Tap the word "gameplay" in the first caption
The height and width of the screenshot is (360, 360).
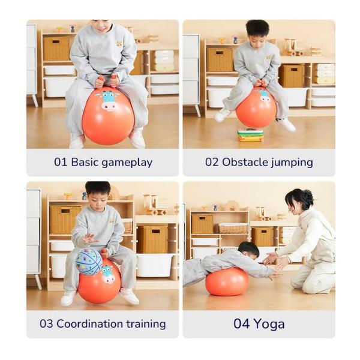pyautogui.click(x=127, y=163)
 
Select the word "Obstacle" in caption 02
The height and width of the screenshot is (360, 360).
pyautogui.click(x=245, y=162)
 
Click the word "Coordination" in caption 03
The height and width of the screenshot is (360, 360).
pyautogui.click(x=89, y=324)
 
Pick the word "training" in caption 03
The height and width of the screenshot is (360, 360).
pyautogui.click(x=146, y=324)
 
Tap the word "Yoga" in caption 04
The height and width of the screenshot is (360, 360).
pyautogui.click(x=269, y=325)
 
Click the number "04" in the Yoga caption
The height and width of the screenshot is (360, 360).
pyautogui.click(x=242, y=324)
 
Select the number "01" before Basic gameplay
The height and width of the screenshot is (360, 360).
pyautogui.click(x=61, y=162)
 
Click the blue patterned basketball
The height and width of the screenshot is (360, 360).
pyautogui.click(x=89, y=262)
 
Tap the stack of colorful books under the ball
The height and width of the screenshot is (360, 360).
pyautogui.click(x=251, y=135)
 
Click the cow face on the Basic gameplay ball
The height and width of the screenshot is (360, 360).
pyautogui.click(x=109, y=101)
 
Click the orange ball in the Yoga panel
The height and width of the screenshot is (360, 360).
pyautogui.click(x=227, y=281)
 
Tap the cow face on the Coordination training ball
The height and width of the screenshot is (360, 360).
pyautogui.click(x=107, y=274)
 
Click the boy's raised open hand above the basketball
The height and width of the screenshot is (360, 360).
pyautogui.click(x=89, y=239)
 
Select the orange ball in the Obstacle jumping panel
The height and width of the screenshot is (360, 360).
pyautogui.click(x=256, y=107)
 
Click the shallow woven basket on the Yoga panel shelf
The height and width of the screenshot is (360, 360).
pyautogui.click(x=233, y=228)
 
